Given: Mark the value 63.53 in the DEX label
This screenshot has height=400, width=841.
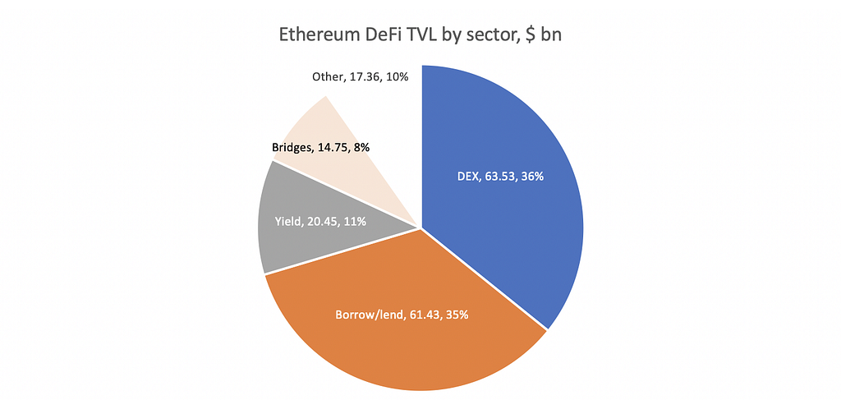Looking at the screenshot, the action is tap(499, 176).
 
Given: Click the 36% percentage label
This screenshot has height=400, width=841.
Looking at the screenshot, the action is tap(532, 176).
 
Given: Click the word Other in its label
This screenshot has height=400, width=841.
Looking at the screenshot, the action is tap(325, 77).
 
